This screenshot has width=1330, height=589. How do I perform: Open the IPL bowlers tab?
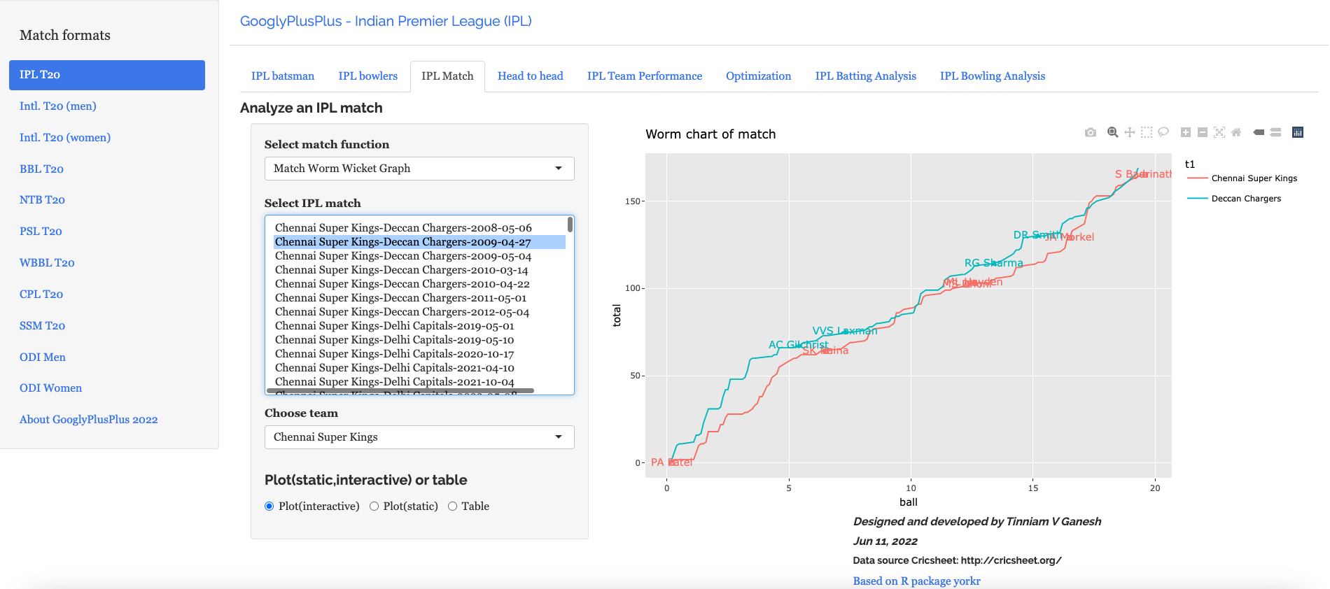click(367, 76)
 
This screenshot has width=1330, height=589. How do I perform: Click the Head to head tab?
click(530, 76)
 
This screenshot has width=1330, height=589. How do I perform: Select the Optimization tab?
click(758, 76)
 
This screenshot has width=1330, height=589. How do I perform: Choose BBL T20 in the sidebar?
click(41, 169)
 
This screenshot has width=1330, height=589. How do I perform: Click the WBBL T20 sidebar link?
click(47, 263)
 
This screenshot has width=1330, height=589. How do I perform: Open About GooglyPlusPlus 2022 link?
click(88, 420)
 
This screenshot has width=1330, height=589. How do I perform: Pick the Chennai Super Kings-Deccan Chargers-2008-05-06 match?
click(403, 228)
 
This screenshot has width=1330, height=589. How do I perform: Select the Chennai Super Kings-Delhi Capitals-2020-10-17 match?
click(394, 354)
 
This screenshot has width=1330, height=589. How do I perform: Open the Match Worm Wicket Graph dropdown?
click(419, 169)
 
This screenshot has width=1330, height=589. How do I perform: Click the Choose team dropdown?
click(419, 437)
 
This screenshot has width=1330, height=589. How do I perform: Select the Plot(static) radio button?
click(374, 506)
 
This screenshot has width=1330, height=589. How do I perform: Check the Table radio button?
click(453, 506)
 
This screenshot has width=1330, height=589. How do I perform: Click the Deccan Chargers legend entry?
click(1245, 199)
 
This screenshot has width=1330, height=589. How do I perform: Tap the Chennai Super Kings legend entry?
click(1254, 178)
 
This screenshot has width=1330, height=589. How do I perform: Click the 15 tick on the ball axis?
click(1033, 488)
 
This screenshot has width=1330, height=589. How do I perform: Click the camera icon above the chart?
click(1091, 132)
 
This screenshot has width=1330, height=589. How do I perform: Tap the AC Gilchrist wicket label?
click(798, 345)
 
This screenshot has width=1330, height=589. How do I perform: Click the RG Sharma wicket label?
click(993, 263)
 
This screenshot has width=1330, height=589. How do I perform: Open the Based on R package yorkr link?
click(916, 581)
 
